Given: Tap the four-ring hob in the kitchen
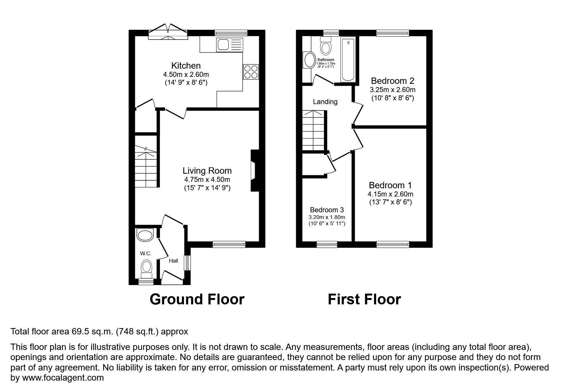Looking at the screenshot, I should coord(251,72).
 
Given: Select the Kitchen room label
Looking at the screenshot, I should coord(186,65).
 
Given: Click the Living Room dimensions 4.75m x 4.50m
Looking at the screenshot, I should coord(207,180).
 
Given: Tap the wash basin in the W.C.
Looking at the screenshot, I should coord(145,235).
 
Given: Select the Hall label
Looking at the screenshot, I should coord(173,261).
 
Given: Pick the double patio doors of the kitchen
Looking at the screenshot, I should coord(168,32).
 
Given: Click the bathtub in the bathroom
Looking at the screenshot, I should coord(348,59).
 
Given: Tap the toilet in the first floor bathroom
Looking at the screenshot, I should coord(325,46).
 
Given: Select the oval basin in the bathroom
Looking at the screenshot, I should coord(308,60).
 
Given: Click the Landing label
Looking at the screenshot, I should coord(325,102).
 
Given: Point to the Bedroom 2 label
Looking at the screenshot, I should coord(392,81).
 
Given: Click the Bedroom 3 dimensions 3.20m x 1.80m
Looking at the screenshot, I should coord(327,217).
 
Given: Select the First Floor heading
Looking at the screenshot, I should coord(364,299).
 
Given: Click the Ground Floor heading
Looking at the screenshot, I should coord(197,299).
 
